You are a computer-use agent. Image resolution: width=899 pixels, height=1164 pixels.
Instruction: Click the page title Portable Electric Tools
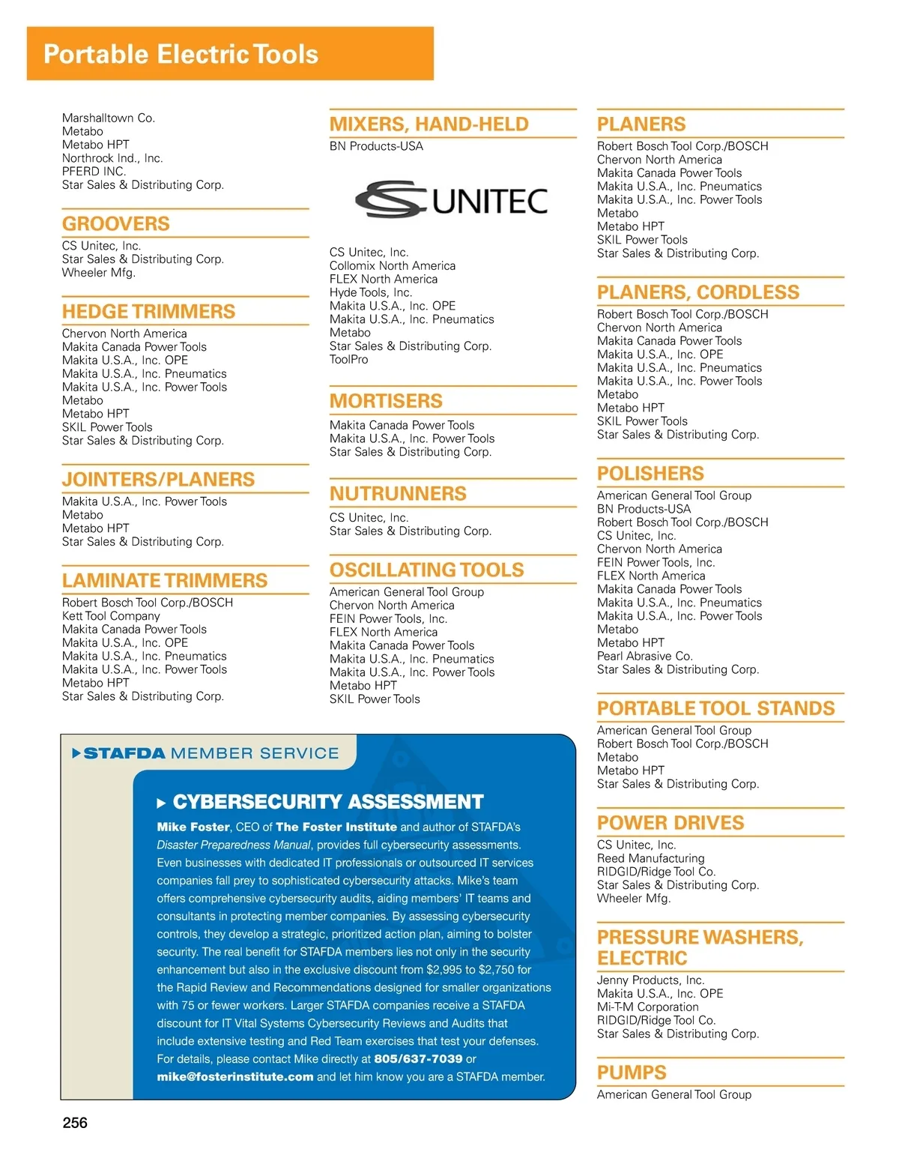[181, 54]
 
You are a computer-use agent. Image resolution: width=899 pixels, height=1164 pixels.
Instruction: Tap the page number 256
[75, 1122]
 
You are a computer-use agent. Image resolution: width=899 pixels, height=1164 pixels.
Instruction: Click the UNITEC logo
[451, 199]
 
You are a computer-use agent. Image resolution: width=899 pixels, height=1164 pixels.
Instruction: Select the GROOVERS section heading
[116, 223]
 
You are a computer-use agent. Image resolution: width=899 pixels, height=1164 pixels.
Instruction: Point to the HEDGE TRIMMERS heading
[148, 311]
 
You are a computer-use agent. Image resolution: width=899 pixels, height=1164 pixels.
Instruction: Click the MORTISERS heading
[386, 401]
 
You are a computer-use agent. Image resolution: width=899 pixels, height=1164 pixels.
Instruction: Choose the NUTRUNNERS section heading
[398, 493]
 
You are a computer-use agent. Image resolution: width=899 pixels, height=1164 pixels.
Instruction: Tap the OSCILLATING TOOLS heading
[427, 570]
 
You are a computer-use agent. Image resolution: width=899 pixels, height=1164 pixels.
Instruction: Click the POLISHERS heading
[650, 474]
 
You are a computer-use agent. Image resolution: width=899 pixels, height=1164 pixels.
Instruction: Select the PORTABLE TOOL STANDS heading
[715, 708]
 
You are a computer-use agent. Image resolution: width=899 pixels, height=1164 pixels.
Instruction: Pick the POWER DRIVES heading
[671, 822]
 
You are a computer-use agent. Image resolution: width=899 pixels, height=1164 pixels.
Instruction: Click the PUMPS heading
[632, 1073]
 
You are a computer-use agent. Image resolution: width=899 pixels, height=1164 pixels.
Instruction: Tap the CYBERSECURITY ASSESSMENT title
[328, 802]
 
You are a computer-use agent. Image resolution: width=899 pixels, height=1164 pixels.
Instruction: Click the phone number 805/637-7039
[418, 1059]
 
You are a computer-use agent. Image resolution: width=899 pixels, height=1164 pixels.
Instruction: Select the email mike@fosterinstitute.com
[235, 1077]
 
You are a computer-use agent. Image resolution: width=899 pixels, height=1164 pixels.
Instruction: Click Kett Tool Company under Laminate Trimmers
[111, 616]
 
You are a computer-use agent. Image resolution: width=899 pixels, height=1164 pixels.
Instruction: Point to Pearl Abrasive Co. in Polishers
[645, 656]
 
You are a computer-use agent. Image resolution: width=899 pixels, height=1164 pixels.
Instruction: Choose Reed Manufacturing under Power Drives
[650, 858]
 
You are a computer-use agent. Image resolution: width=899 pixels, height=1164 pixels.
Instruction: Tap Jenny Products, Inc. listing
[650, 980]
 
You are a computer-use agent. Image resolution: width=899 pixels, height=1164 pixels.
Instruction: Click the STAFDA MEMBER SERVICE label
[211, 753]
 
